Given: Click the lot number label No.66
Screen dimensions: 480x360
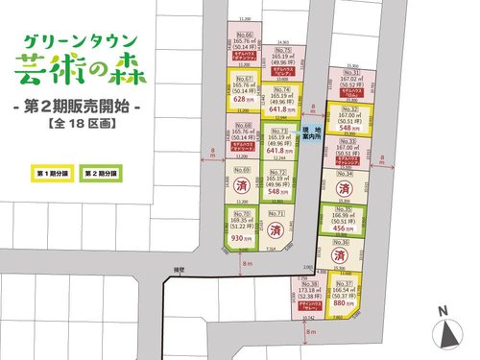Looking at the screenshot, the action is point(243,36).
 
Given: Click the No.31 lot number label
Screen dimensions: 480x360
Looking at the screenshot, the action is point(350,73).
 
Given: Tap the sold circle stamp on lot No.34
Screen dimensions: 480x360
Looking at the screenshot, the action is point(350,189).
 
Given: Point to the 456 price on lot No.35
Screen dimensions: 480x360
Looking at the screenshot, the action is point(349,230).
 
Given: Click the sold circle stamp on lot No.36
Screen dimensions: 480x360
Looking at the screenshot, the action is point(350,257).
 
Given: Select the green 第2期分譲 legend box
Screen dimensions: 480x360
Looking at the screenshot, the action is point(99,174).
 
